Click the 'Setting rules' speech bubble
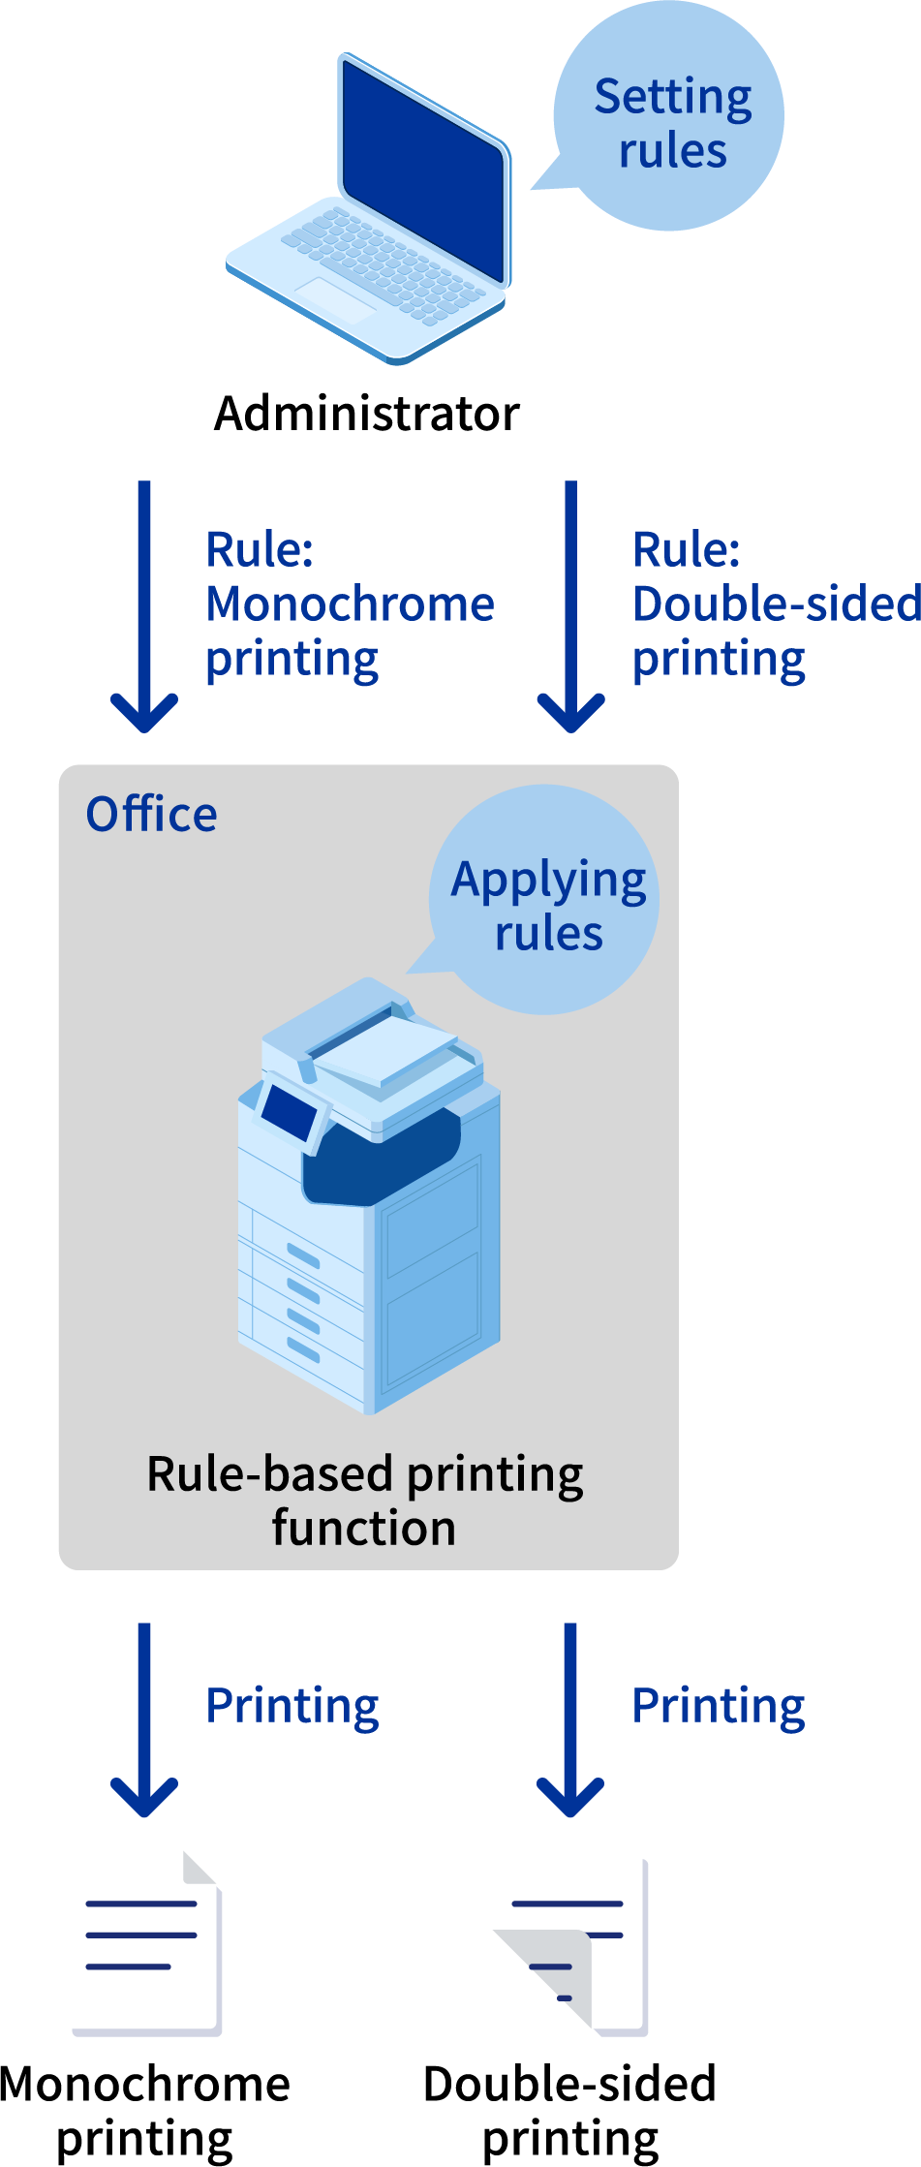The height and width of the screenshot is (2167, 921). [x=671, y=121]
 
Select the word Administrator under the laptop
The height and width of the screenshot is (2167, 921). [x=367, y=414]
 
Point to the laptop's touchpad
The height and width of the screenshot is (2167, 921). [x=335, y=299]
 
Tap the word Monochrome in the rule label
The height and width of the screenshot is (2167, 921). [x=351, y=604]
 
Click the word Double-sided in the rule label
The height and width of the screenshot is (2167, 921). [x=775, y=604]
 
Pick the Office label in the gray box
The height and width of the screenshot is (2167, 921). [x=151, y=815]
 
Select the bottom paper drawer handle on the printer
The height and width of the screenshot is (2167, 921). [x=303, y=1349]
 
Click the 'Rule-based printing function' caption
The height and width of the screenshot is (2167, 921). [x=365, y=1501]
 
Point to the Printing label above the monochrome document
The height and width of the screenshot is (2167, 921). [x=292, y=1706]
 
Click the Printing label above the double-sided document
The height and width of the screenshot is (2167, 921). [x=719, y=1706]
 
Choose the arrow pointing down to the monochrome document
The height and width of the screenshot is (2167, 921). [x=144, y=1719]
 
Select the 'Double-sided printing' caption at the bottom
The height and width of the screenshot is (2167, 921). [x=569, y=2112]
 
